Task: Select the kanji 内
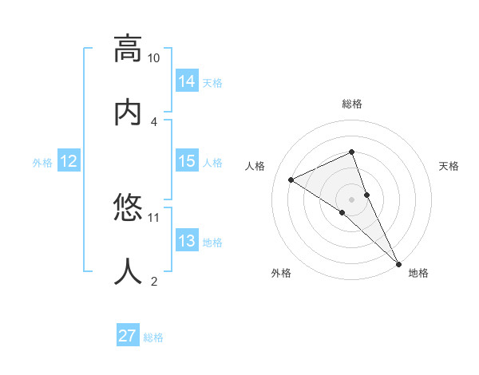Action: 128,111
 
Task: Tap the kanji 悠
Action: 128,209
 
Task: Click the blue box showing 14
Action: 187,81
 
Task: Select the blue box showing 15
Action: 187,161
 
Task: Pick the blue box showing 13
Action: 187,241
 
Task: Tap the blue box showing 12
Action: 69,161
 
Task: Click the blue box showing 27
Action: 128,336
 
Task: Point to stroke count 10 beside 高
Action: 154,58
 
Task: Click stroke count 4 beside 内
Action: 154,121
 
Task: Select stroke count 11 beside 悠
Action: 154,217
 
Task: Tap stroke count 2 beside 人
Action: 154,281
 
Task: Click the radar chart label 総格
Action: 352,104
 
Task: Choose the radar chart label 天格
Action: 449,166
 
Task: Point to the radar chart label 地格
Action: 418,273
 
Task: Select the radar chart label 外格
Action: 281,273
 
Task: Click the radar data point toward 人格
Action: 291,180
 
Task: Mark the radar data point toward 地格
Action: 398,263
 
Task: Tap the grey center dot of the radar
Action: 352,199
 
